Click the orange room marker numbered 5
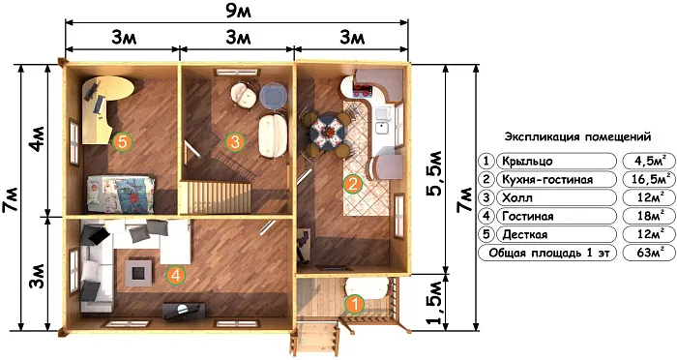122,141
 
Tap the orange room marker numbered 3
235,141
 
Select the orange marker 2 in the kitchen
352,185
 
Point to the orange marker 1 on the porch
355,304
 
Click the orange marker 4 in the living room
176,275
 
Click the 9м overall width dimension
238,12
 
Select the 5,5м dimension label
434,173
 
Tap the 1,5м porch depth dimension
434,303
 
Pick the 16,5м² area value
647,179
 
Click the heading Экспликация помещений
577,137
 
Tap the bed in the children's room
121,195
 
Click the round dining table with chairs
327,129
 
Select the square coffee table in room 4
138,271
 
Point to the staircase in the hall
215,197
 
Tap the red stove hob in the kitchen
363,91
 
